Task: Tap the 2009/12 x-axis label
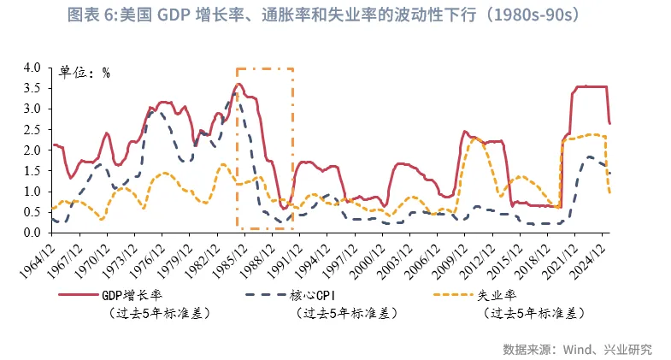coord(447,257)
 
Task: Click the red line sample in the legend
coord(79,296)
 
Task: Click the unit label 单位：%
coord(84,73)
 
